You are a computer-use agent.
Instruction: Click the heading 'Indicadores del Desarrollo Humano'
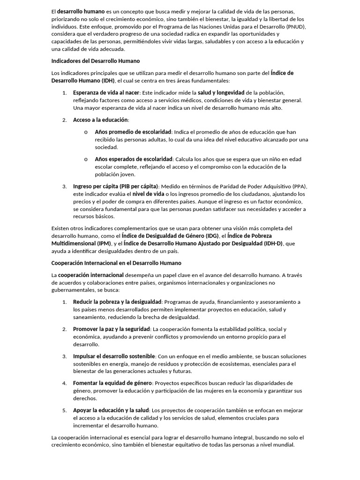[x=95, y=61]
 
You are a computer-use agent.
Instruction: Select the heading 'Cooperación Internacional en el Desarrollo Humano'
[x=116, y=263]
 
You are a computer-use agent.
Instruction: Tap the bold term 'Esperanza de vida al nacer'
[x=106, y=93]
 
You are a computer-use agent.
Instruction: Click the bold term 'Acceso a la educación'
[x=100, y=120]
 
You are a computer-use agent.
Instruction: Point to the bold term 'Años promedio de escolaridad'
[x=133, y=132]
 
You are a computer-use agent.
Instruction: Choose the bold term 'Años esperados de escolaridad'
[x=134, y=159]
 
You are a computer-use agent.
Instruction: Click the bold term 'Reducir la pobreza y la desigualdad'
[x=117, y=302]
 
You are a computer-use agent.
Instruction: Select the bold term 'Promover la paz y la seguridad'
[x=112, y=329]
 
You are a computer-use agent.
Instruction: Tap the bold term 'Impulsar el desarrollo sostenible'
[x=114, y=356]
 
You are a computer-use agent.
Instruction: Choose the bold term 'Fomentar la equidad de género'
[x=112, y=383]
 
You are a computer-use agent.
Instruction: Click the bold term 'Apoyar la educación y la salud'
[x=111, y=411]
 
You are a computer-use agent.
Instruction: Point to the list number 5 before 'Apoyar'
[x=65, y=411]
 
